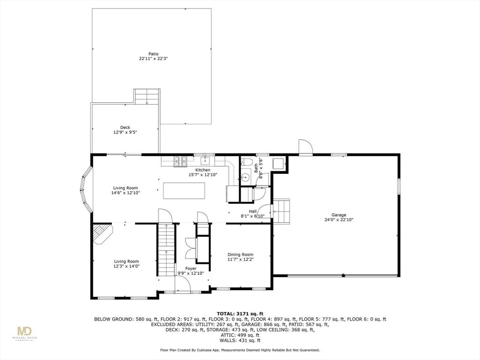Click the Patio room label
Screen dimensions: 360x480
[x=153, y=54]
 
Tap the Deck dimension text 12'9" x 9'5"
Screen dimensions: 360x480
[x=125, y=132]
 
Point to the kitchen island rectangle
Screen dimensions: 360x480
[x=184, y=190]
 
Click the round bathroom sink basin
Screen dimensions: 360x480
[x=245, y=177]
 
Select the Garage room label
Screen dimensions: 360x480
[x=335, y=215]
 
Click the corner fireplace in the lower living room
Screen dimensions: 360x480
[x=101, y=233]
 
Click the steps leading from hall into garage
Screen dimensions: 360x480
[x=282, y=211]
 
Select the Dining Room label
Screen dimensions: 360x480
[x=240, y=255]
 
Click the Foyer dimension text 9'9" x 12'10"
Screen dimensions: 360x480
[x=191, y=273]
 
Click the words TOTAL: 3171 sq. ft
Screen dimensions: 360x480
[x=240, y=314]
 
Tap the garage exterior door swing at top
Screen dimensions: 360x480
[x=305, y=147]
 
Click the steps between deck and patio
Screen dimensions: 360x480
[x=147, y=97]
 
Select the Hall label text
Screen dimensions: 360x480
[x=252, y=211]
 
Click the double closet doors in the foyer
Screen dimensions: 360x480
[x=191, y=247]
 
